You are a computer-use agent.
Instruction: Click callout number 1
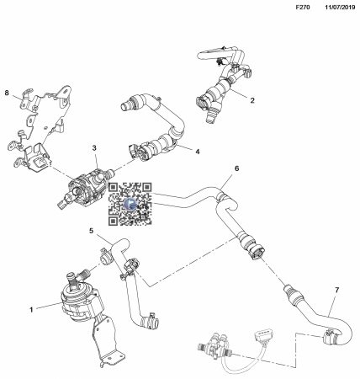pyautogui.click(x=31, y=310)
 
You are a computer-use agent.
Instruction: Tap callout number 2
pyautogui.click(x=252, y=100)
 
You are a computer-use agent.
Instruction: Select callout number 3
pyautogui.click(x=94, y=147)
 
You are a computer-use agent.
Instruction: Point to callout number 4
pyautogui.click(x=198, y=152)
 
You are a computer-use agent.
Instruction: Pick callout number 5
pyautogui.click(x=92, y=231)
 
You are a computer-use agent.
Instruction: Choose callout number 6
pyautogui.click(x=237, y=168)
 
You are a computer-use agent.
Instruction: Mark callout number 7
pyautogui.click(x=337, y=290)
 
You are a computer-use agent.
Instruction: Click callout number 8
pyautogui.click(x=7, y=93)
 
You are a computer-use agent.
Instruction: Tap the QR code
pyautogui.click(x=130, y=204)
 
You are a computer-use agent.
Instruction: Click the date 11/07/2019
pyautogui.click(x=340, y=8)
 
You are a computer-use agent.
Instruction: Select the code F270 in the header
pyautogui.click(x=303, y=8)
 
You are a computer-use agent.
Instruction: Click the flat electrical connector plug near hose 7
pyautogui.click(x=263, y=337)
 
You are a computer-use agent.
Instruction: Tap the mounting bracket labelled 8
pyautogui.click(x=42, y=126)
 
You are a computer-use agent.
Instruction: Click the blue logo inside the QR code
pyautogui.click(x=130, y=204)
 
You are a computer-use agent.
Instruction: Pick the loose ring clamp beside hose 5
pyautogui.click(x=106, y=256)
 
